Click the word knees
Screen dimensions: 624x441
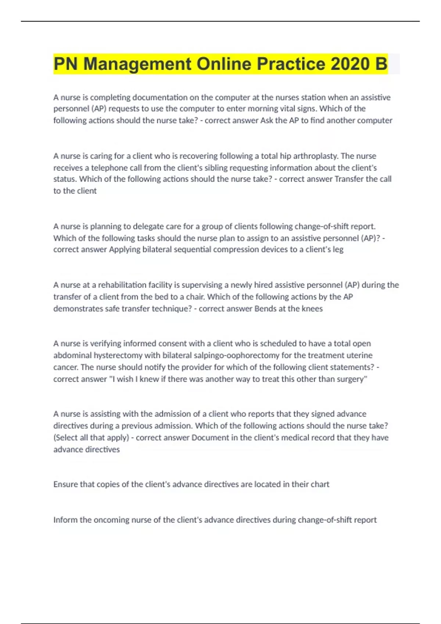[x=312, y=309]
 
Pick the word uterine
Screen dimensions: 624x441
[x=359, y=355]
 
